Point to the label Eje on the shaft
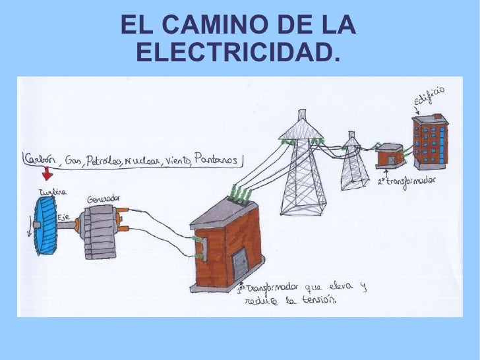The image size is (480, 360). (64, 217)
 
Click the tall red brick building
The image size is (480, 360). (431, 141)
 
